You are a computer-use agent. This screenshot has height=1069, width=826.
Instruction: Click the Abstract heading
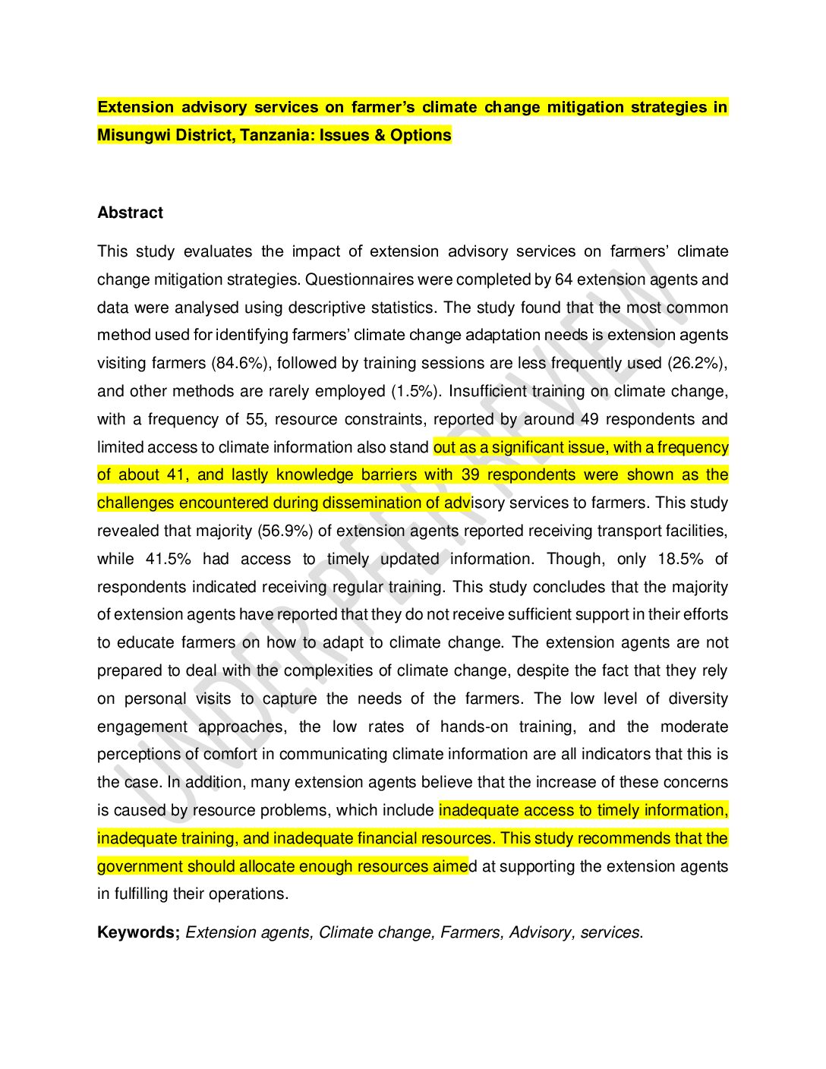point(130,213)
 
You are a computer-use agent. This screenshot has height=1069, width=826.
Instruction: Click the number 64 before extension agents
point(563,279)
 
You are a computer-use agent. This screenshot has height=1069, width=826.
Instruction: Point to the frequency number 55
point(255,419)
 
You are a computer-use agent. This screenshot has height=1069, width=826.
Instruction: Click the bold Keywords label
point(138,932)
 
